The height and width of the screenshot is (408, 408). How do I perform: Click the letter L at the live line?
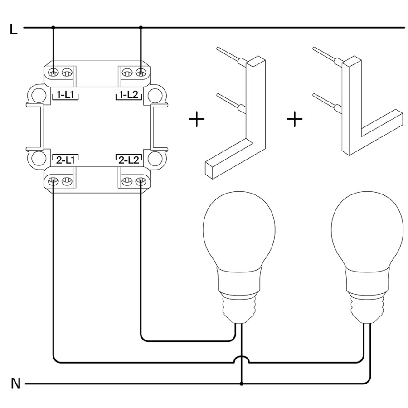pos(13,29)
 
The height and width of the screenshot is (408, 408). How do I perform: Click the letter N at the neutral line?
pos(16,384)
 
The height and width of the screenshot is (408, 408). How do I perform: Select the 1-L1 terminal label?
pos(65,95)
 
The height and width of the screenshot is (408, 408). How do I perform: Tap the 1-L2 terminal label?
pos(129,95)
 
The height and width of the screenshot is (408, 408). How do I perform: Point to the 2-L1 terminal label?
pos(65,160)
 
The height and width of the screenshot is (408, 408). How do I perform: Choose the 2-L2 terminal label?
pos(129,160)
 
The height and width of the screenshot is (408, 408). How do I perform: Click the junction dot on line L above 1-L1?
pos(53,27)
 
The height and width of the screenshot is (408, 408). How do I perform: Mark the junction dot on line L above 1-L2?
pos(141,27)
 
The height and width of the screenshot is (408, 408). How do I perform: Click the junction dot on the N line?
pos(242,384)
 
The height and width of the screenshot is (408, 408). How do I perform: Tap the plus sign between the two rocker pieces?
pos(295,119)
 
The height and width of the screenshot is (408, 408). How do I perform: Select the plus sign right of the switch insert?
pos(197,119)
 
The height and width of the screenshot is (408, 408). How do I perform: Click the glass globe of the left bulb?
pos(239,229)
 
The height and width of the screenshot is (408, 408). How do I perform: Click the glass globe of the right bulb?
pos(367,229)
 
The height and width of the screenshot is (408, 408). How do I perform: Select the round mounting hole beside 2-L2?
pos(155,158)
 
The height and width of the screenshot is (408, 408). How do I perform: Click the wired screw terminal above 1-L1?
pos(53,73)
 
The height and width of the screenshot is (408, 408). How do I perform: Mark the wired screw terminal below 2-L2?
pos(141,181)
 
